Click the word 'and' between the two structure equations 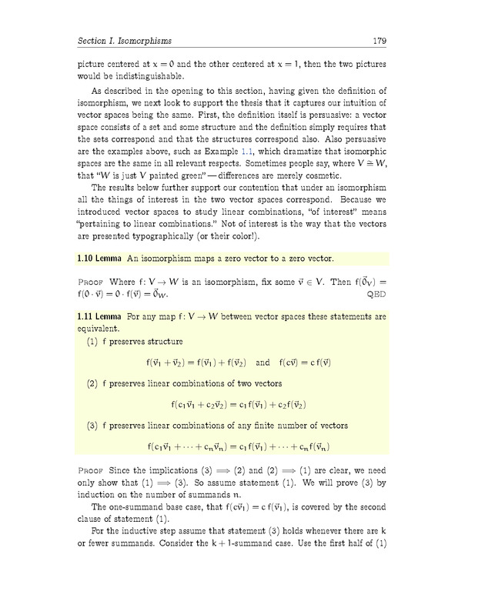point(263,362)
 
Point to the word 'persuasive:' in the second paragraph point(326,114)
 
